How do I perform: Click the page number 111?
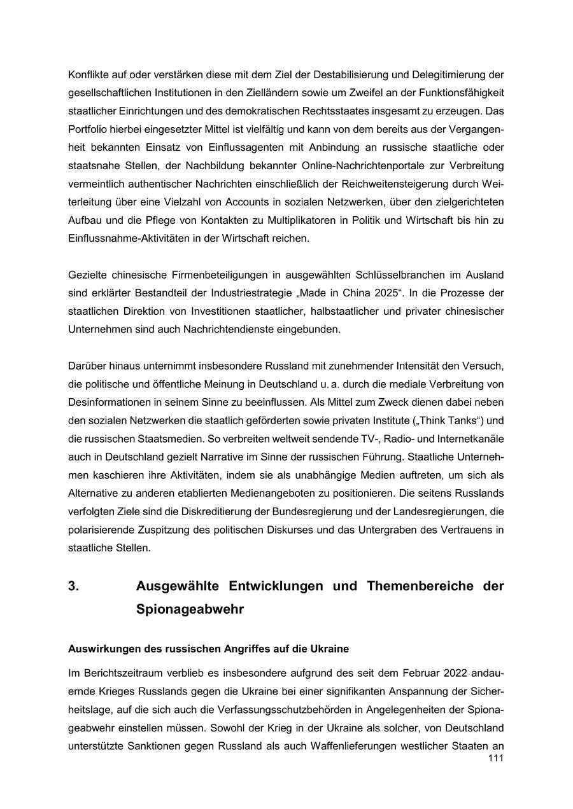tap(495, 758)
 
